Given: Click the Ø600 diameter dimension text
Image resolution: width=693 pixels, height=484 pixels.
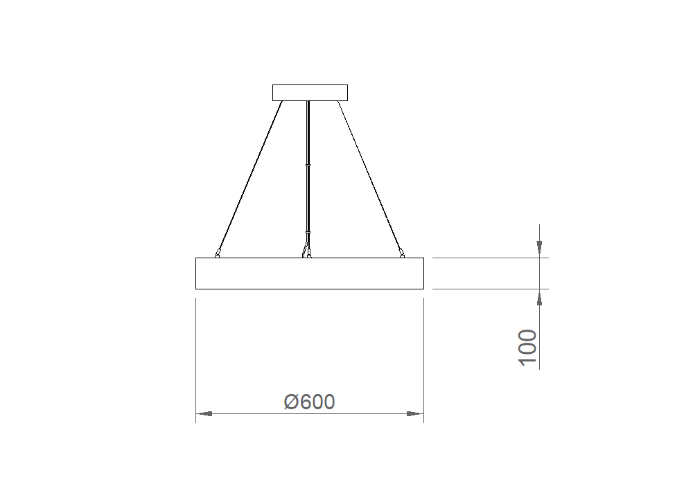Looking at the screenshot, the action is coord(309,402).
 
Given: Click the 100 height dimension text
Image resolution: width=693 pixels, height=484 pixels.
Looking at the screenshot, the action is coord(527,347).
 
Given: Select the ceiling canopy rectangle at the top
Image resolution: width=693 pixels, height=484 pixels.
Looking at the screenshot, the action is coord(310,93).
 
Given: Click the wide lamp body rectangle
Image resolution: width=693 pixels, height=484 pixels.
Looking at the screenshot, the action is coord(309,274).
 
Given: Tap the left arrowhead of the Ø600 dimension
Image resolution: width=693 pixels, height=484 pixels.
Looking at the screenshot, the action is coord(204,414).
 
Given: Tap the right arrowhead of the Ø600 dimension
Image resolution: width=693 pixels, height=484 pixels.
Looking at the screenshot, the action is coord(415,414).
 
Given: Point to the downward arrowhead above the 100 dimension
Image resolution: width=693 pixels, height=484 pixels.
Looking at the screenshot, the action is coord(539,249).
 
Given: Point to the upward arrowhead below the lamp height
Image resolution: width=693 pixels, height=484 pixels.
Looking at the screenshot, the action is coord(539,298).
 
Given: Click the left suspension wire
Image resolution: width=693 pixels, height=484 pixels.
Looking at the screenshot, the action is coord(249,177).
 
